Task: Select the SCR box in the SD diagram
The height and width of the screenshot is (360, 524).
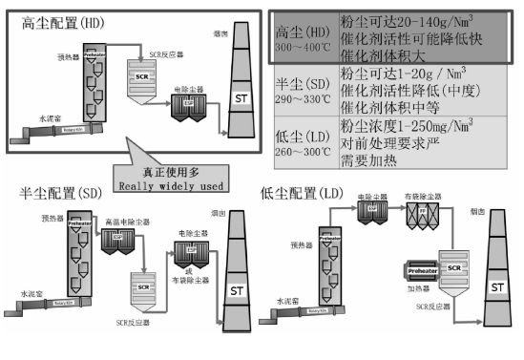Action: point(144,286)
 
